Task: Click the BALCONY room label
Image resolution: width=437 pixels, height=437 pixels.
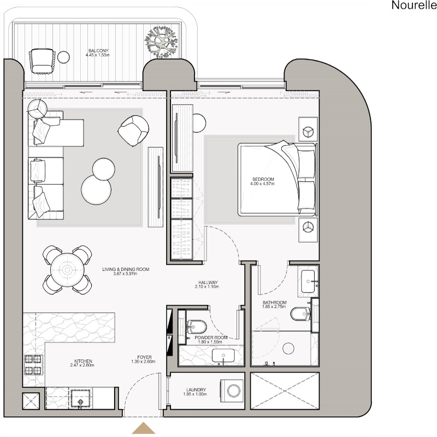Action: point(98,51)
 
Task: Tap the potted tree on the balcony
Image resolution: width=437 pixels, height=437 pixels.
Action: point(161,42)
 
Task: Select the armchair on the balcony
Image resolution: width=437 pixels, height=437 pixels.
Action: point(42,61)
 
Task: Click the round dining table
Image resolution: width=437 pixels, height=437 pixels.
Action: point(67,270)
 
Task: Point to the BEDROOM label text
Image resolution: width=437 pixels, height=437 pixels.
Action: point(263,179)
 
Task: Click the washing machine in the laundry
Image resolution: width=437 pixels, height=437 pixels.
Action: point(232,390)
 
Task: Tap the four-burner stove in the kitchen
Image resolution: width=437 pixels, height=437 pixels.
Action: point(33,364)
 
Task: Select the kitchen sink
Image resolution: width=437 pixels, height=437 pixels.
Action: point(81,399)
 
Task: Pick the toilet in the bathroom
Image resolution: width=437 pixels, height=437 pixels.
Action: point(301,314)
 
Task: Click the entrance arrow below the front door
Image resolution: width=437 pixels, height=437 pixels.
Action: point(143,428)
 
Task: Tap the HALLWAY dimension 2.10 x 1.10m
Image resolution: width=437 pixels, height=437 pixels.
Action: point(207,286)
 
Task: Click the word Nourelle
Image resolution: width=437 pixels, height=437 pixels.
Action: point(414,5)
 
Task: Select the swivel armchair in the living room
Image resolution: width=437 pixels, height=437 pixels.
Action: point(133,131)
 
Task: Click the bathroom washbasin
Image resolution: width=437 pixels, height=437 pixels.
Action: point(308,281)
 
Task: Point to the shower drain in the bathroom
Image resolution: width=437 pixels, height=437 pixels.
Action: point(288,349)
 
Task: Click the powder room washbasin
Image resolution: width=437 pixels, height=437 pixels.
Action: point(223,356)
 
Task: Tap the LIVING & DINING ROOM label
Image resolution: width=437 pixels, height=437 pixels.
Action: point(126,269)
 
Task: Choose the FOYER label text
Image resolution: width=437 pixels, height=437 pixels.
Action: point(144,357)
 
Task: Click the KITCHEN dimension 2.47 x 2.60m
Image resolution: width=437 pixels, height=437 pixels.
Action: point(82,365)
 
